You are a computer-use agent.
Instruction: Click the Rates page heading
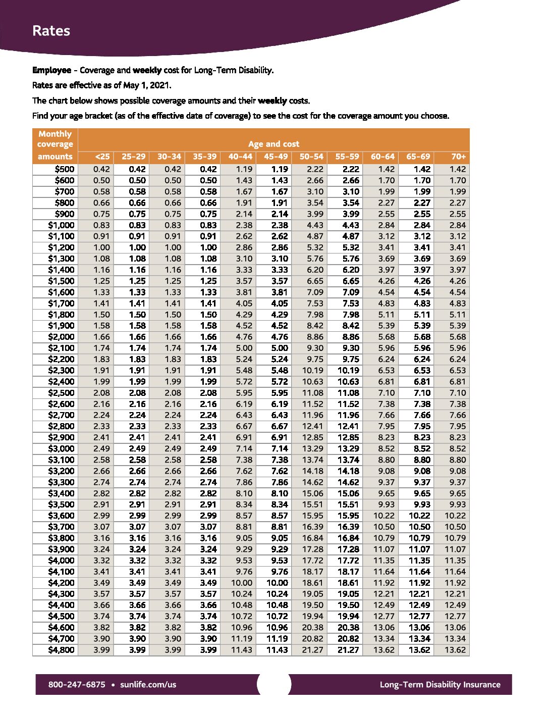pyautogui.click(x=51, y=31)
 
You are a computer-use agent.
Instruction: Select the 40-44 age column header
pyautogui.click(x=240, y=157)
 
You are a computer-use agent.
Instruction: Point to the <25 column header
pyautogui.click(x=102, y=157)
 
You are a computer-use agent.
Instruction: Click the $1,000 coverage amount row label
pyautogui.click(x=61, y=225)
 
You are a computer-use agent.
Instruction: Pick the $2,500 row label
pyautogui.click(x=61, y=393)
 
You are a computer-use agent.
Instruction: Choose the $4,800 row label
pyautogui.click(x=61, y=650)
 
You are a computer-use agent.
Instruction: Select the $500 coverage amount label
pyautogui.click(x=65, y=169)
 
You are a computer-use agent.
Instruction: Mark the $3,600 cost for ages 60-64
pyautogui.click(x=384, y=516)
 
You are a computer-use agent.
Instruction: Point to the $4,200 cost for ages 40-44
pyautogui.click(x=242, y=583)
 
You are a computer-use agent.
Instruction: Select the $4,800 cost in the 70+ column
pyautogui.click(x=455, y=650)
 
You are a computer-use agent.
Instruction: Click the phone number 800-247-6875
pyautogui.click(x=77, y=685)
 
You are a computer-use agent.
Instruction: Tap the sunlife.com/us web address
pyautogui.click(x=148, y=685)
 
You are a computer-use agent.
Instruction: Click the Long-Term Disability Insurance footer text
pyautogui.click(x=440, y=685)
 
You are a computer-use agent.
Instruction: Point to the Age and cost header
pyautogui.click(x=273, y=144)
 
